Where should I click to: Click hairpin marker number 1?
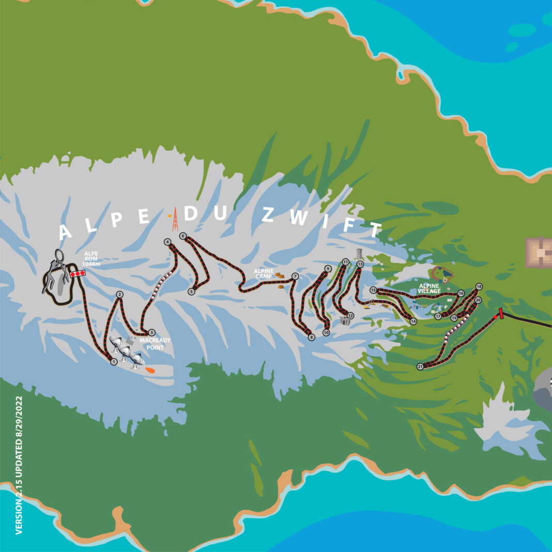coord(114,362)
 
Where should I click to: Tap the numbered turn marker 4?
coord(167,242)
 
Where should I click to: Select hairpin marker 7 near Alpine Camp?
coord(295,277)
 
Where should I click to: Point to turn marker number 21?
coord(420,366)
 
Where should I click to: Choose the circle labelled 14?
coord(413,321)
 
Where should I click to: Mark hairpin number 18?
coord(479,287)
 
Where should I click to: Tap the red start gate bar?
coord(500,314)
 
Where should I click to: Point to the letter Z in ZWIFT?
coord(268,215)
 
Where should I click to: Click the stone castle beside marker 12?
coord(345,320)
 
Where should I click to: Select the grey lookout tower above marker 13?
coord(359,253)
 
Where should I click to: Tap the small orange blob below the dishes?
coord(150,370)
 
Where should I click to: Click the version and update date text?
coord(19,465)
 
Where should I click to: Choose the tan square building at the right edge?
coord(539,252)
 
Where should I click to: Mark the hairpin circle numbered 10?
coord(326,333)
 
